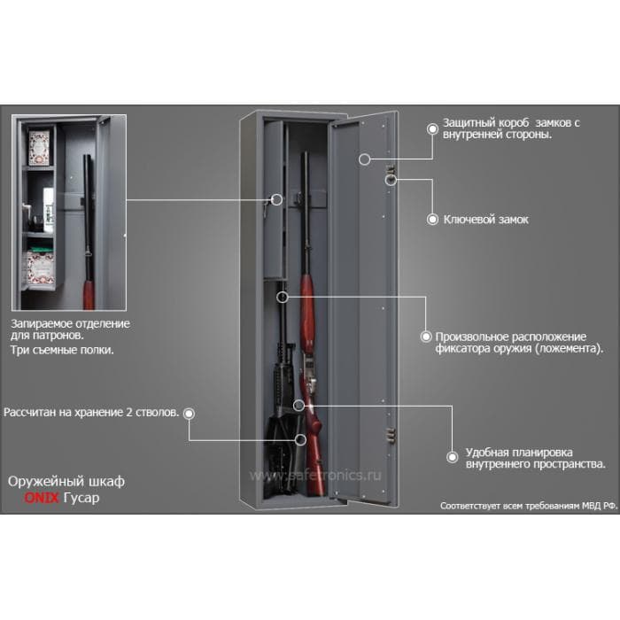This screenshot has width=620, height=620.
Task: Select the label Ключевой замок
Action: click(485, 219)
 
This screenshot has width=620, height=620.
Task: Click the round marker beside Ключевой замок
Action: click(432, 219)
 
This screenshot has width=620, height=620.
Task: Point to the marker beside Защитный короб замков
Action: click(432, 128)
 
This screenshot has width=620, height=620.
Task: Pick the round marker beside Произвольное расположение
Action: click(426, 337)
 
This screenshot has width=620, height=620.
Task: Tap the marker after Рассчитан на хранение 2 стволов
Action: click(189, 413)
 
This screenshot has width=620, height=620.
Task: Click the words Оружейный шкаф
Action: click(66, 480)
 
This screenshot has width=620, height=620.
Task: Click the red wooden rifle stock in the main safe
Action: click(307, 301)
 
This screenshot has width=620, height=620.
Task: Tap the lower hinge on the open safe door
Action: click(389, 434)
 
